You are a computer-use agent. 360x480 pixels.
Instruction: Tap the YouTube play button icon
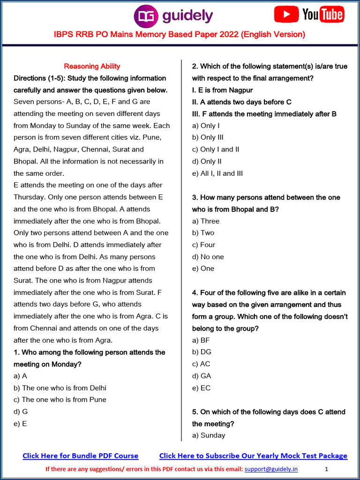[286, 15]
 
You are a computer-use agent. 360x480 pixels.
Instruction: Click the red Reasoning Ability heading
[92, 66]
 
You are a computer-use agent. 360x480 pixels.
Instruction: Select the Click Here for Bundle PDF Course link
[81, 456]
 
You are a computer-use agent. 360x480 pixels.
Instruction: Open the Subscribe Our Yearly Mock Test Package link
[253, 456]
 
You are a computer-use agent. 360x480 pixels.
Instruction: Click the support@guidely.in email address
[271, 469]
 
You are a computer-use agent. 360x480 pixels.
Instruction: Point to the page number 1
[326, 469]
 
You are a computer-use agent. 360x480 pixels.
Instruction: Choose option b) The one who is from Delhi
[60, 388]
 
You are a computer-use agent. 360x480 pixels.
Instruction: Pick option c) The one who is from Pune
[60, 399]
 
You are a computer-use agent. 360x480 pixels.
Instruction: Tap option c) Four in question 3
[204, 245]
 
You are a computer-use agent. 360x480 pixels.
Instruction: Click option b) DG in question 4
[202, 352]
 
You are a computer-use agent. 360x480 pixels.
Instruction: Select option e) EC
[202, 388]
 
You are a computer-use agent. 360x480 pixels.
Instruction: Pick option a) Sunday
[209, 435]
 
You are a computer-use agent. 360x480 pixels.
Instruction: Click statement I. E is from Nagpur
[223, 90]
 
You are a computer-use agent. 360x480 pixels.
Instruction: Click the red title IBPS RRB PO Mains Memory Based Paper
[180, 34]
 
